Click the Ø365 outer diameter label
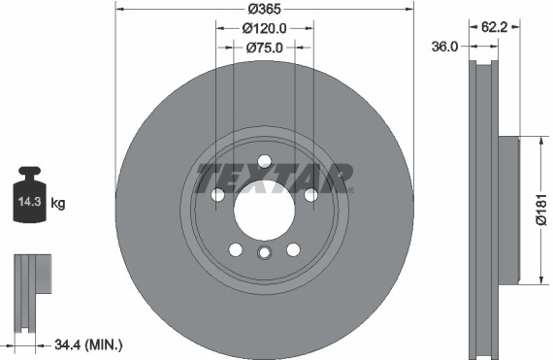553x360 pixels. click(264, 9)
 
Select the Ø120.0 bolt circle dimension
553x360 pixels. click(264, 28)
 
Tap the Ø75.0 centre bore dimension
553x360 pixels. click(264, 48)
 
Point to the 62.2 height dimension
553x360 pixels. click(494, 27)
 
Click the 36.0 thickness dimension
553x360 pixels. click(444, 47)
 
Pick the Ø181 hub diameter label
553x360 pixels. click(541, 210)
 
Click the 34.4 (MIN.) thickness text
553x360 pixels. click(88, 344)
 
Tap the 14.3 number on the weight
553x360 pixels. click(30, 202)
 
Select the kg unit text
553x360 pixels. click(58, 203)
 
